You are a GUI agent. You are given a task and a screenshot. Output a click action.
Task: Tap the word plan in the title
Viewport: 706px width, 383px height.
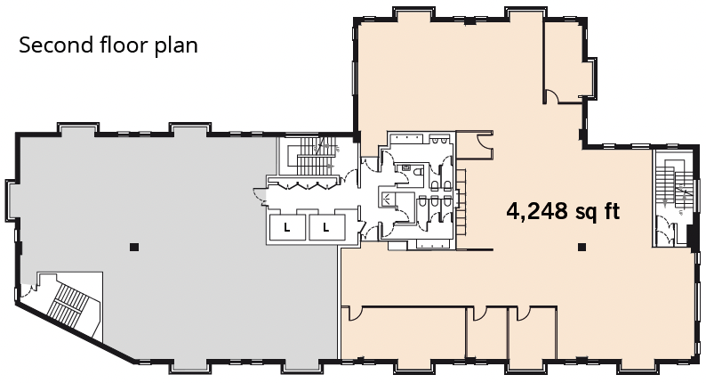click(x=174, y=45)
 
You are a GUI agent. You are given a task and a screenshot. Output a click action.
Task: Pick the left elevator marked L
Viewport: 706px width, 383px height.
click(x=288, y=228)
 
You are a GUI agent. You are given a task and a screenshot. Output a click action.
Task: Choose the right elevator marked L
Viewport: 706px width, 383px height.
click(x=326, y=228)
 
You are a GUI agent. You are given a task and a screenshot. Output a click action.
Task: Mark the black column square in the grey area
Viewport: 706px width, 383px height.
click(x=132, y=245)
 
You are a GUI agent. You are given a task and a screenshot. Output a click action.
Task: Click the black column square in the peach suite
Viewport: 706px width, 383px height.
click(x=582, y=246)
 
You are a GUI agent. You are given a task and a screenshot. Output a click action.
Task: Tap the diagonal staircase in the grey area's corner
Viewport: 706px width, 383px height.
click(x=67, y=303)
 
